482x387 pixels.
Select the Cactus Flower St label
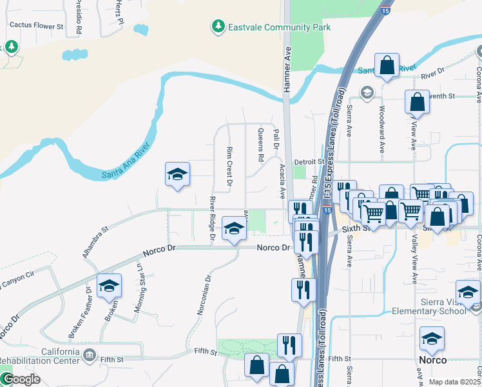[36, 26]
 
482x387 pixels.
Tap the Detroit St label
[307, 161]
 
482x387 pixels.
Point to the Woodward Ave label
[382, 129]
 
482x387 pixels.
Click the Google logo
[21, 379]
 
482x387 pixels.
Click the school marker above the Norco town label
[432, 337]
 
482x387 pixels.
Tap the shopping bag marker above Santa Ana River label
[387, 65]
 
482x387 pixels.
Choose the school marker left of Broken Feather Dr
[109, 285]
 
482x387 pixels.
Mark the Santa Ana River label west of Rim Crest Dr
[129, 166]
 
